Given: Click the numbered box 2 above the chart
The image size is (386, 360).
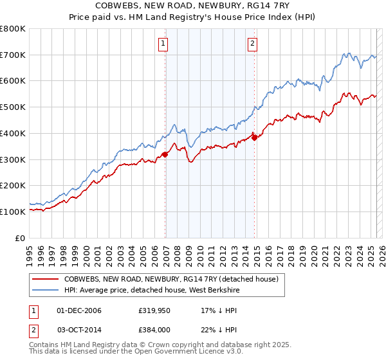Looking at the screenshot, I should click(252, 44).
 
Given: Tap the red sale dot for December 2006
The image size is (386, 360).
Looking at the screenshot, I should click(165, 154).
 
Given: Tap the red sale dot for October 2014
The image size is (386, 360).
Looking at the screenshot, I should click(254, 137).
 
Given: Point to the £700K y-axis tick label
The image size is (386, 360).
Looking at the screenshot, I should click(12, 55).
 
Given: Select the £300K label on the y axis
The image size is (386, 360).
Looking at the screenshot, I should click(12, 159).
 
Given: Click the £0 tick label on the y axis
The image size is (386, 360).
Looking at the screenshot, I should click(19, 238).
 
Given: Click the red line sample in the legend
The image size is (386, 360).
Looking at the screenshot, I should click(44, 279).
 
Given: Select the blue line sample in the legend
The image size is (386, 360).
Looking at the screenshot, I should click(44, 289).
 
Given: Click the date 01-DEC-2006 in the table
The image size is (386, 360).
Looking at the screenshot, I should click(79, 310).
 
